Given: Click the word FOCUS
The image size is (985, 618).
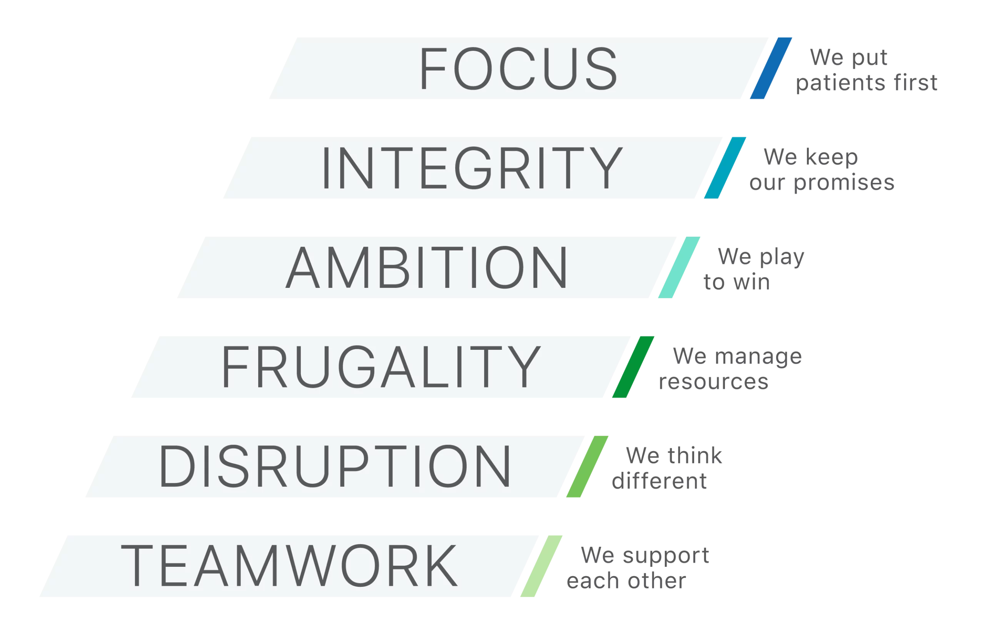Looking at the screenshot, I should (518, 68).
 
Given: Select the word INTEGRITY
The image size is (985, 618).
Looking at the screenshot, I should (472, 168).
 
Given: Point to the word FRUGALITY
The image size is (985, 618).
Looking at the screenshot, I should (381, 367).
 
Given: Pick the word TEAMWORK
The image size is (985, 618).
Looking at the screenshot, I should (289, 566).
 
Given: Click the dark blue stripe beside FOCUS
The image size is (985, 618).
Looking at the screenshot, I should (771, 68).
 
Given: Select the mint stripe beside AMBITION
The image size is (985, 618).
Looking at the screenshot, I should (679, 267).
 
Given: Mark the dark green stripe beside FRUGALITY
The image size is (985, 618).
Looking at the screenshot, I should (633, 367).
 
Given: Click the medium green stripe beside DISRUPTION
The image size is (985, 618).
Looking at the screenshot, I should (587, 466).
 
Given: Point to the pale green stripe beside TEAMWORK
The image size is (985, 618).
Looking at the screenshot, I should (541, 566).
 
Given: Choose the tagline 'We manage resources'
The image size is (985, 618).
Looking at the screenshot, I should (730, 370).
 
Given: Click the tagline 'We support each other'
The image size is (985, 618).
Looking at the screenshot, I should (638, 568).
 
